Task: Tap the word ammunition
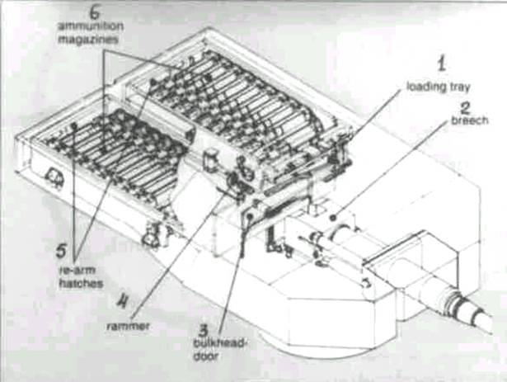click(x=91, y=26)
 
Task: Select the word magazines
click(x=87, y=40)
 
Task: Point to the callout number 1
click(x=442, y=64)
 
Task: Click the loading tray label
click(x=438, y=87)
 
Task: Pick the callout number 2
click(x=465, y=108)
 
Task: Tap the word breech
click(x=469, y=120)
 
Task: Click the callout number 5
click(x=61, y=251)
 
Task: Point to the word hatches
click(x=81, y=284)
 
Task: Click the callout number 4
click(x=123, y=301)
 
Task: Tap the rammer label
click(x=128, y=326)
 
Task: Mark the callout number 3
click(x=203, y=330)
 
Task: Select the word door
click(x=205, y=356)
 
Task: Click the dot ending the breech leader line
click(x=333, y=218)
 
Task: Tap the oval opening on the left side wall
click(x=53, y=177)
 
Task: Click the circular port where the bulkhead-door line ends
click(x=249, y=216)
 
